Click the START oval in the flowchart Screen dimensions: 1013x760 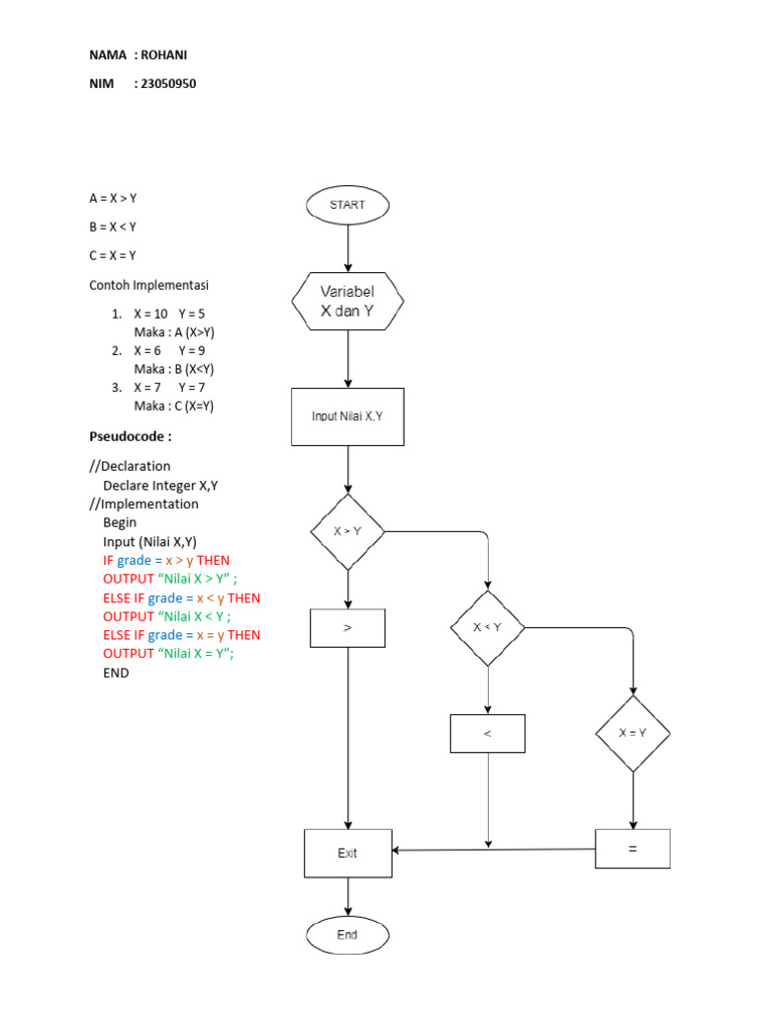click(x=347, y=206)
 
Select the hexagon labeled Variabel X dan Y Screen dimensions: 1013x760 click(x=347, y=303)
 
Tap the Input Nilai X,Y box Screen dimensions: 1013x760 click(x=347, y=416)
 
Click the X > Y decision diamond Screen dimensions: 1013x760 click(x=347, y=531)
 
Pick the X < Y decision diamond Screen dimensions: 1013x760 click(x=488, y=628)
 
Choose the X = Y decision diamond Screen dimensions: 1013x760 click(x=633, y=733)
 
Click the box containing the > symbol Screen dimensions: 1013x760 click(x=347, y=628)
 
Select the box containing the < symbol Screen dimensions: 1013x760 click(x=488, y=734)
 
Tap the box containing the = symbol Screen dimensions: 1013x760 click(x=632, y=849)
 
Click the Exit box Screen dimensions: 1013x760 click(x=347, y=853)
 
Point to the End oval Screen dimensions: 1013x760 click(x=347, y=935)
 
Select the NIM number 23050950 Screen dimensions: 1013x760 click(x=168, y=84)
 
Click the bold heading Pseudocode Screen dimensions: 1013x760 click(x=131, y=436)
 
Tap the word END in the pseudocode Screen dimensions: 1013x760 click(x=116, y=673)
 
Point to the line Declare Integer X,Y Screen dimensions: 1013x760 click(x=160, y=485)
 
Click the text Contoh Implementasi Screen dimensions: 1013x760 click(x=148, y=285)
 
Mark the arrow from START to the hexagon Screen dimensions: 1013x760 click(x=347, y=247)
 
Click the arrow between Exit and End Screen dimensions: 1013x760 click(x=347, y=897)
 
